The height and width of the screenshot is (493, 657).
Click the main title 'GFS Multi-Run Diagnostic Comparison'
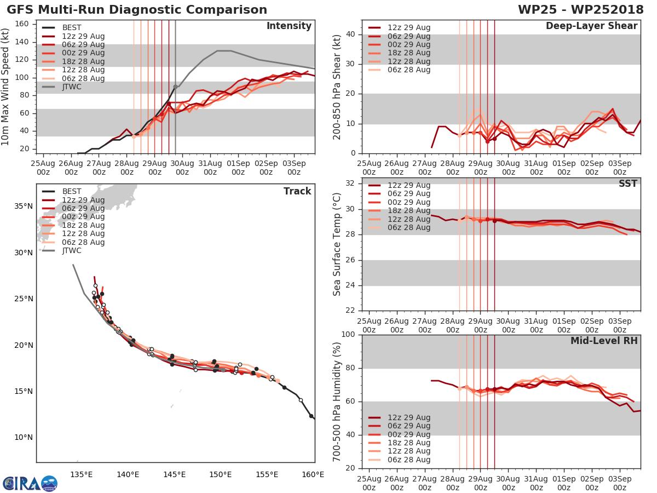click(137, 10)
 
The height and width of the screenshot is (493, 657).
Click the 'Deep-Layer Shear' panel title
click(591, 26)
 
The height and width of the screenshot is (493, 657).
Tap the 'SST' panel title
click(627, 184)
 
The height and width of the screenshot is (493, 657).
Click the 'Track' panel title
click(297, 191)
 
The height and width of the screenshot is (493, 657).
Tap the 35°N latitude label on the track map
click(22, 206)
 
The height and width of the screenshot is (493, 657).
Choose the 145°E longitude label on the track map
click(174, 474)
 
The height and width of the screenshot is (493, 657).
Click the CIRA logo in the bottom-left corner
click(30, 483)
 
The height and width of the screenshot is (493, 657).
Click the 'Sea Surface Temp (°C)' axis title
click(337, 244)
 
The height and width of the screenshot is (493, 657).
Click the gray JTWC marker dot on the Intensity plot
click(175, 87)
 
